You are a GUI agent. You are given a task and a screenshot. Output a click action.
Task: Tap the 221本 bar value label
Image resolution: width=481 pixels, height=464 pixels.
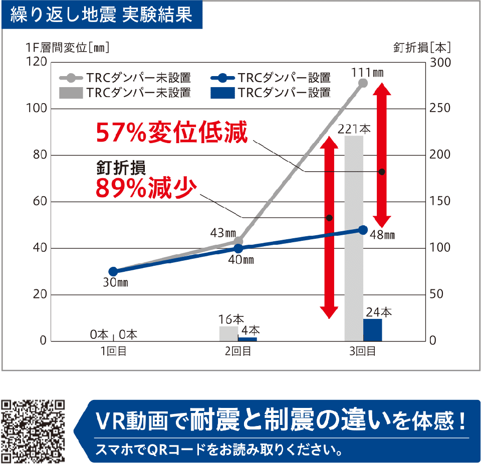click(354, 129)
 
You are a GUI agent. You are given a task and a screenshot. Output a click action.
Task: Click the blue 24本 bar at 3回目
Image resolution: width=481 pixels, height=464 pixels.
click(372, 330)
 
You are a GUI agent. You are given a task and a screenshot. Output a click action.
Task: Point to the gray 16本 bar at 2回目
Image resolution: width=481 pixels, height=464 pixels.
click(228, 333)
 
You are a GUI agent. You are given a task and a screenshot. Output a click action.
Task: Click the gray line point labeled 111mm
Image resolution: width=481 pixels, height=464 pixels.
click(363, 83)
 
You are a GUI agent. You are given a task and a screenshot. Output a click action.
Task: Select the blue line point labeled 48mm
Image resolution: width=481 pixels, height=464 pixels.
click(363, 230)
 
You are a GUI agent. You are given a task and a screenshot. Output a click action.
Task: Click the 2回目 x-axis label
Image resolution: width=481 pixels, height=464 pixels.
click(237, 351)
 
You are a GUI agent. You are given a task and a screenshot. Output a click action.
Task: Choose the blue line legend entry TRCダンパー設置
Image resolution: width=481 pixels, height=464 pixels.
click(271, 78)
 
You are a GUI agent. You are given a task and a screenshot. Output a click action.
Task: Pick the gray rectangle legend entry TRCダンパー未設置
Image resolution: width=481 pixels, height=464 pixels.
click(125, 93)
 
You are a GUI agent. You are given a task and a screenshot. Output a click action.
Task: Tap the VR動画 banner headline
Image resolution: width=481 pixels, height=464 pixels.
click(281, 420)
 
